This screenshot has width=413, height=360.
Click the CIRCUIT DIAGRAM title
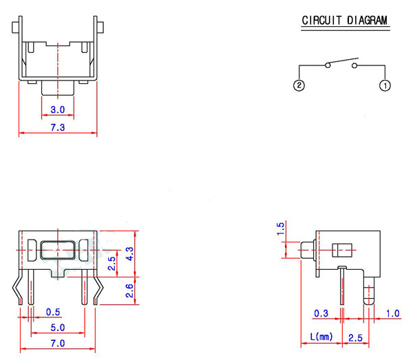[345, 21]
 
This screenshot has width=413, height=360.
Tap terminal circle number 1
[385, 86]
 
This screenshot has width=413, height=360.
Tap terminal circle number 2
[299, 86]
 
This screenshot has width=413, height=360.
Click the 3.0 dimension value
[58, 110]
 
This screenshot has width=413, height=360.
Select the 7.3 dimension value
[58, 128]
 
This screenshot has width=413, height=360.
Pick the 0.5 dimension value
[52, 313]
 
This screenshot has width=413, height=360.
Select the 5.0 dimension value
[58, 327]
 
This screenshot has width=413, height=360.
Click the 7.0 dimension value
[58, 343]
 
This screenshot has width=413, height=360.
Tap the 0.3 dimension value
[321, 314]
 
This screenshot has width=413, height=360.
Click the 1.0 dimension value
[392, 314]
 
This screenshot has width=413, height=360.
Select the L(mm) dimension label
[321, 337]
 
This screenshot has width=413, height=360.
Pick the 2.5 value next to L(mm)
[355, 337]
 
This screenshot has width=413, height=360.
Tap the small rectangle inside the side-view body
[341, 249]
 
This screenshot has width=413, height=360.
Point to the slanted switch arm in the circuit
[341, 61]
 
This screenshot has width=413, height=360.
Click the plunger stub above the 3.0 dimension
[58, 87]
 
